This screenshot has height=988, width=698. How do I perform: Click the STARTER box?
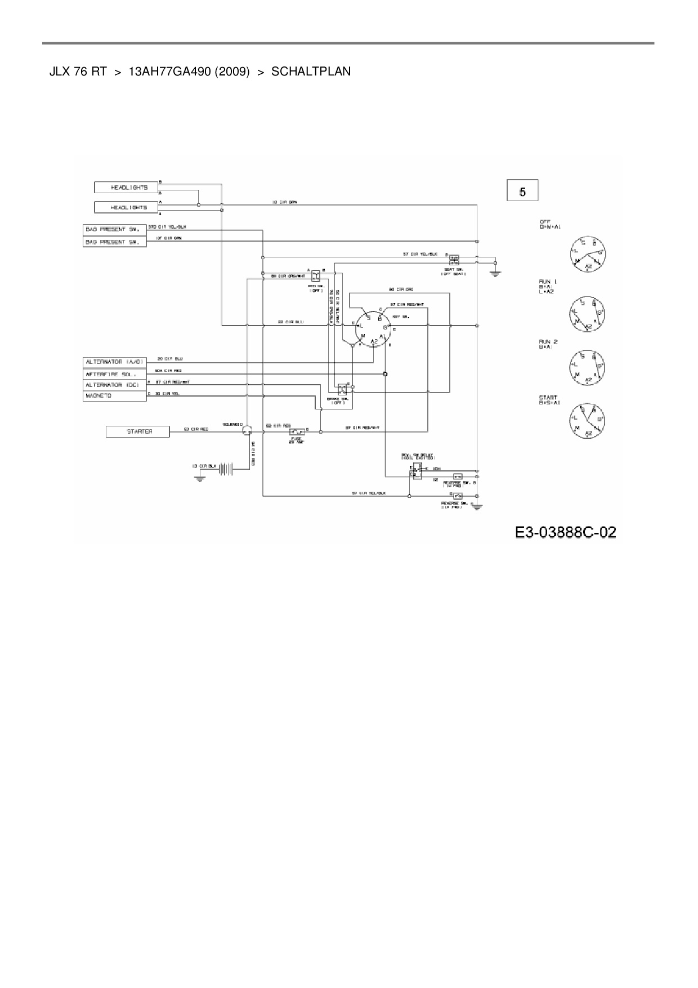click(138, 431)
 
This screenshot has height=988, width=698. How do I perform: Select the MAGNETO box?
click(115, 395)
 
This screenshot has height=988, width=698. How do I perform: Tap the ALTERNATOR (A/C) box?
click(115, 362)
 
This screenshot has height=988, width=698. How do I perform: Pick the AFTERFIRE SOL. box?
click(115, 373)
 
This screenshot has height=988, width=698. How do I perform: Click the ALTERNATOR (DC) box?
click(115, 385)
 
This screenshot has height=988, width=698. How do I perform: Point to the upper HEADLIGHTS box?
click(126, 186)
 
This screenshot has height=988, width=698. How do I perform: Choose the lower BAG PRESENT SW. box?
click(115, 242)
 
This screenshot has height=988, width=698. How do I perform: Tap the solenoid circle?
click(246, 431)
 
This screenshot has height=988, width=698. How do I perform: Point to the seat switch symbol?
click(454, 260)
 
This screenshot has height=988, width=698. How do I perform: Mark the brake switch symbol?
click(342, 389)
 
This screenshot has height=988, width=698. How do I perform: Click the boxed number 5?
click(522, 191)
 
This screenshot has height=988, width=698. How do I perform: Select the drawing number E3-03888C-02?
click(565, 532)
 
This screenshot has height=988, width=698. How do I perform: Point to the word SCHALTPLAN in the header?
click(311, 72)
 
